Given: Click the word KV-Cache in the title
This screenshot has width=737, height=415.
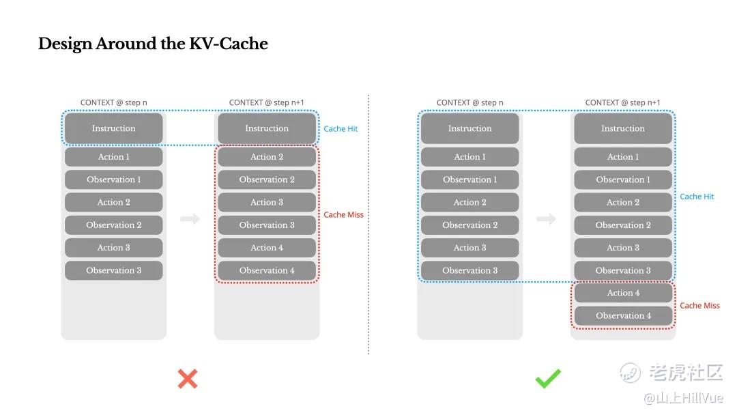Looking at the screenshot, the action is [229, 44].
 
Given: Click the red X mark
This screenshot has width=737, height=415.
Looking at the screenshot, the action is [188, 379].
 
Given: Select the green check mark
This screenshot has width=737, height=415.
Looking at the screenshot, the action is [548, 378].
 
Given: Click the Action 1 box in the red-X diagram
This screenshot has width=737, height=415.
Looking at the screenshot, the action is [114, 157].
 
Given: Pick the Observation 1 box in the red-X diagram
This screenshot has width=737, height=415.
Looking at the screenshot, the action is [114, 180].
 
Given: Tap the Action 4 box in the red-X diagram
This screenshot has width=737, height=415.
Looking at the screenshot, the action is [267, 248].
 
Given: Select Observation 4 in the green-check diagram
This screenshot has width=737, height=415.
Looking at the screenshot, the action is [623, 316].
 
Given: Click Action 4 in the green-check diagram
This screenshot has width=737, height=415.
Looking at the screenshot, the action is [623, 293].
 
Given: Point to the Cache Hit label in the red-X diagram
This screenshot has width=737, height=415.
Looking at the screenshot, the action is [341, 129].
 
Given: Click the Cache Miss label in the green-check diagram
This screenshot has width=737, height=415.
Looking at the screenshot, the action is [700, 306].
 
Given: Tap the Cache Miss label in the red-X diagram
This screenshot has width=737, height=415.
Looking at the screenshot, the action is [343, 215].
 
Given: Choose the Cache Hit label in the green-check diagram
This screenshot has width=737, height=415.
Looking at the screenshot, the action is [697, 197].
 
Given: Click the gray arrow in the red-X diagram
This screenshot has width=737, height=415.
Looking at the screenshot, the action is [190, 218].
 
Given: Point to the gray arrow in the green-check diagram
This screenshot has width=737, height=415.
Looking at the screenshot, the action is [546, 218].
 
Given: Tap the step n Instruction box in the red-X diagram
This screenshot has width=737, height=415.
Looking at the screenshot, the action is [114, 128].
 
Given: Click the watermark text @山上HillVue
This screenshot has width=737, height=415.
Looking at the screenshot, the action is [683, 398].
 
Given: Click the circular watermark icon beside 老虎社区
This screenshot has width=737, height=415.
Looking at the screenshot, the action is [630, 373].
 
